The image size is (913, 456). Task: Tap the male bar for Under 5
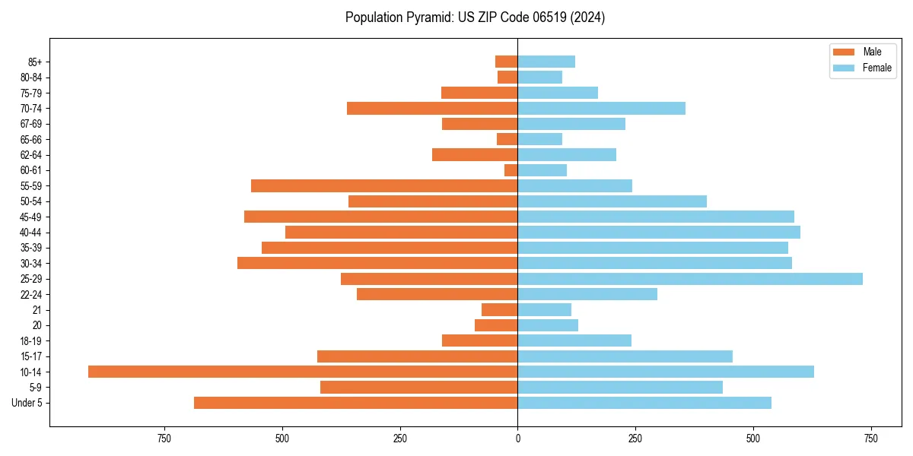pyautogui.click(x=356, y=403)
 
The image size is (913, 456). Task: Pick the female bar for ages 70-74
pyautogui.click(x=602, y=109)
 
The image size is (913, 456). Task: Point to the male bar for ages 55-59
pyautogui.click(x=384, y=186)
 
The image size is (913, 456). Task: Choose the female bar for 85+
pyautogui.click(x=546, y=62)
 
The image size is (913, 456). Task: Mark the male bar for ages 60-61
pyautogui.click(x=511, y=170)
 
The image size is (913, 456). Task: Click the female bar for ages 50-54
pyautogui.click(x=612, y=201)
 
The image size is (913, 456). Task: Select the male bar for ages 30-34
pyautogui.click(x=377, y=263)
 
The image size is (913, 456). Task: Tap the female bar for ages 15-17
pyautogui.click(x=625, y=356)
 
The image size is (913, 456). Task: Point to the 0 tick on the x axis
pyautogui.click(x=518, y=439)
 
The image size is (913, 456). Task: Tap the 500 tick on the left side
pyautogui.click(x=282, y=439)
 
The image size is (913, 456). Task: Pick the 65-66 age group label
pyautogui.click(x=31, y=140)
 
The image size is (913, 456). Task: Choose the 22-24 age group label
pyautogui.click(x=31, y=295)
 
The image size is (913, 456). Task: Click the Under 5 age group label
pyautogui.click(x=27, y=403)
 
